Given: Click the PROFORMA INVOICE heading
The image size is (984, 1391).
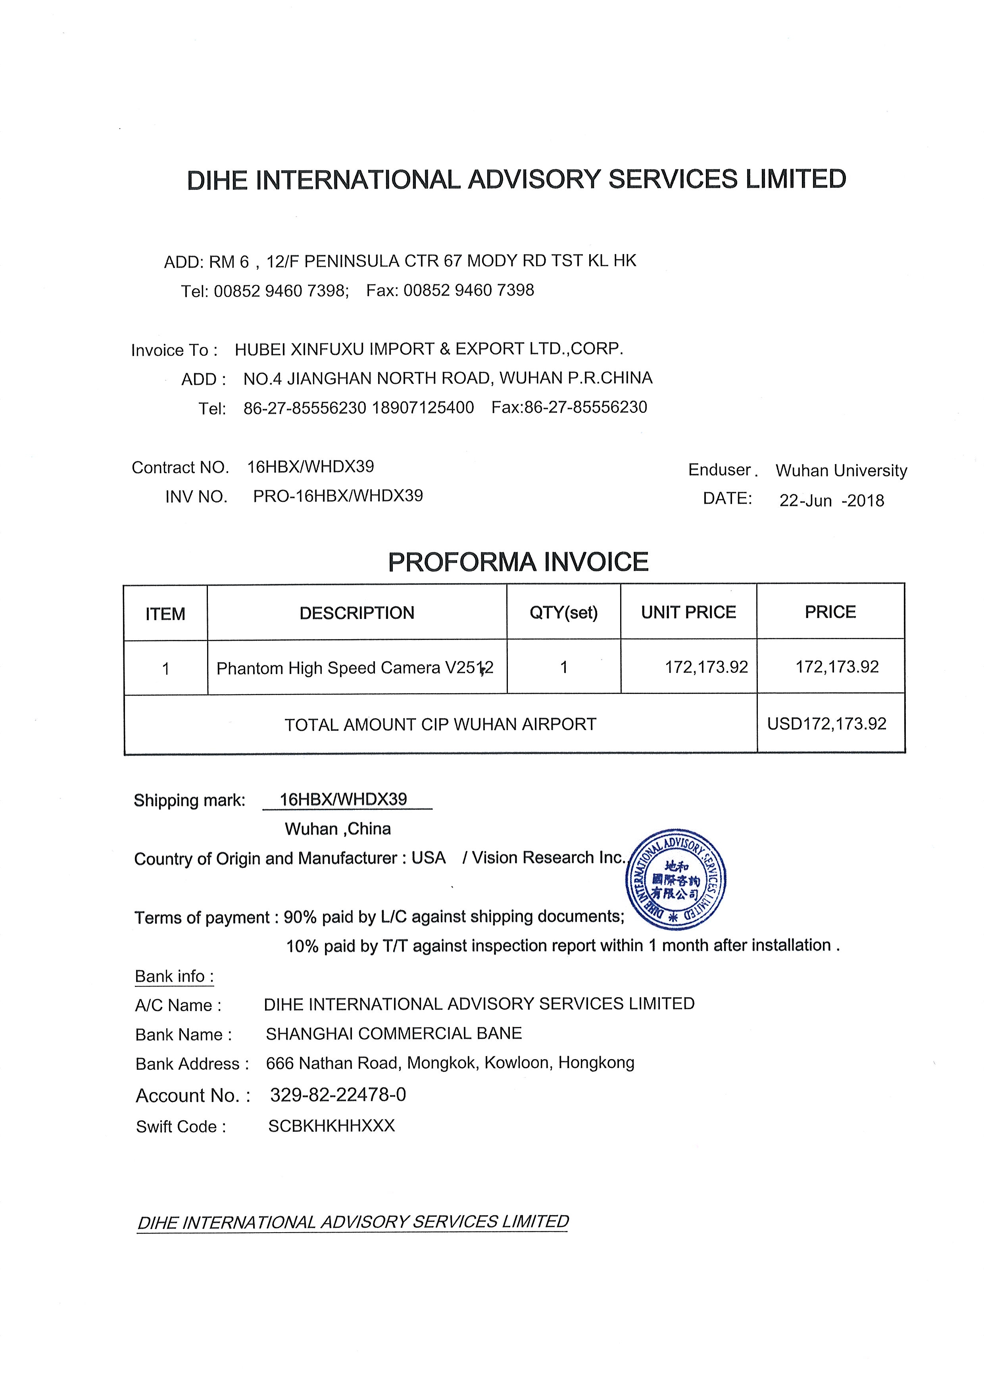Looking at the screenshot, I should click(x=518, y=562).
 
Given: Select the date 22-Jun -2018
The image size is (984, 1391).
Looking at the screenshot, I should click(x=831, y=501).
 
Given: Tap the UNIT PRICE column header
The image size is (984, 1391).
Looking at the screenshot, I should click(x=688, y=612).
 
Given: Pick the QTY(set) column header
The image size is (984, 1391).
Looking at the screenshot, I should click(x=563, y=613).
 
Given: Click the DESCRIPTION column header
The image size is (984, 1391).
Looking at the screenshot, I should click(x=357, y=613).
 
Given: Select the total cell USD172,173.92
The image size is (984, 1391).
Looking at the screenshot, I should click(x=826, y=724).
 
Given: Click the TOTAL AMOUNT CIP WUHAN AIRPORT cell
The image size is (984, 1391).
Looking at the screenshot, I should click(x=440, y=724).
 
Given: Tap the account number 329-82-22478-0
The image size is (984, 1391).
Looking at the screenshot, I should click(x=338, y=1094).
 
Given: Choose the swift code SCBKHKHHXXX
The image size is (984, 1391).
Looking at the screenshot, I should click(x=331, y=1125).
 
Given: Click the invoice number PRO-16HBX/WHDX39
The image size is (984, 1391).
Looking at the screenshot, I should click(x=338, y=496).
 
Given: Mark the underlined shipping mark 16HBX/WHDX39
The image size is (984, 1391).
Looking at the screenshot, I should click(x=344, y=800).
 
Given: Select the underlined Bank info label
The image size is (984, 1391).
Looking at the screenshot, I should click(x=174, y=977).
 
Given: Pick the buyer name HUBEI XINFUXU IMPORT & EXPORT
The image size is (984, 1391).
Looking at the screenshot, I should click(x=429, y=349).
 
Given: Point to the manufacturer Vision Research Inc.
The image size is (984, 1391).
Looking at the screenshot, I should click(x=548, y=857).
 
